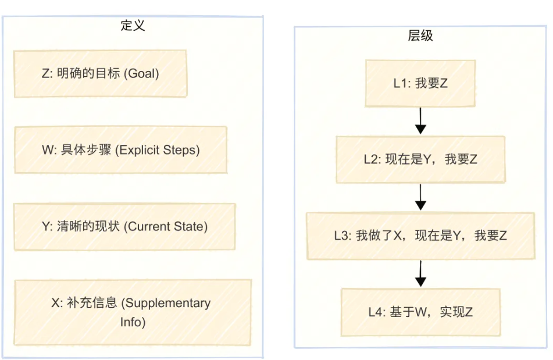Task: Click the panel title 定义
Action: (x=133, y=26)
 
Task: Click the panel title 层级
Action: (x=420, y=35)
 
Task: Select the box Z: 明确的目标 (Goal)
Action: (x=100, y=73)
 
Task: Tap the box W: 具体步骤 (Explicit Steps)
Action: (x=120, y=149)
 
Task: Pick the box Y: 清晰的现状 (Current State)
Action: (x=124, y=226)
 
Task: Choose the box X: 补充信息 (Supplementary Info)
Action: (x=133, y=312)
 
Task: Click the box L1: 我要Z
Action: (x=420, y=83)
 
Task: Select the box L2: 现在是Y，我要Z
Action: (x=420, y=159)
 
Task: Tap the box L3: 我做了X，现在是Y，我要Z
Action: (x=420, y=236)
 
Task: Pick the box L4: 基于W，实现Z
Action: (x=420, y=312)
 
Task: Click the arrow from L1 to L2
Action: (x=421, y=121)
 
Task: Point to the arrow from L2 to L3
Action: (x=421, y=197)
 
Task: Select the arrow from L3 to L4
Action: (x=421, y=273)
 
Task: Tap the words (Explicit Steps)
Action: (x=158, y=150)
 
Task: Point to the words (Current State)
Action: (x=165, y=226)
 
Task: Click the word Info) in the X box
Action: (x=133, y=321)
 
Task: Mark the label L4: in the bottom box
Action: (x=377, y=312)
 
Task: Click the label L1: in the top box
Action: (x=402, y=83)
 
